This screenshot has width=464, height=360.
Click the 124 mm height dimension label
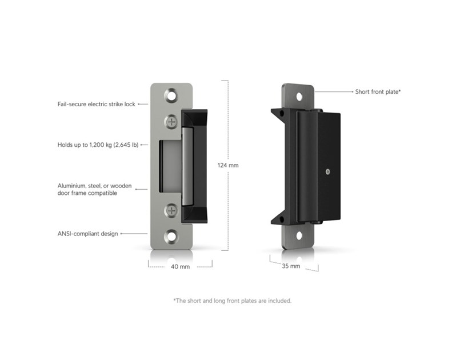(228, 165)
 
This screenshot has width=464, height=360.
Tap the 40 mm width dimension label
(180, 266)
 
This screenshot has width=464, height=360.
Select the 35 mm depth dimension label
(291, 266)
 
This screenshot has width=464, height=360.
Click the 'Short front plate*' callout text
(378, 91)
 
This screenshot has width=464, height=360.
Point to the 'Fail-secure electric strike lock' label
(96, 104)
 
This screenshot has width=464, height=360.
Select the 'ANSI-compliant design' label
(87, 234)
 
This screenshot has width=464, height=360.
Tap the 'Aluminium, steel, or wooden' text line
(94, 186)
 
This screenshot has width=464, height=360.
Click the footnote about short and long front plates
(233, 301)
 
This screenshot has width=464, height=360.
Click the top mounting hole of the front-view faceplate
(171, 96)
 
